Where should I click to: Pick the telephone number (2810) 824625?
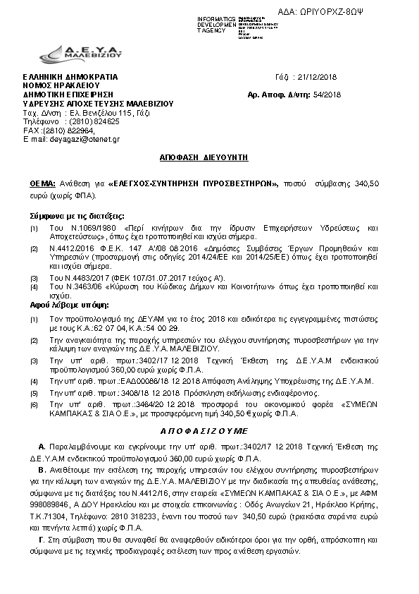[x=94, y=121]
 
